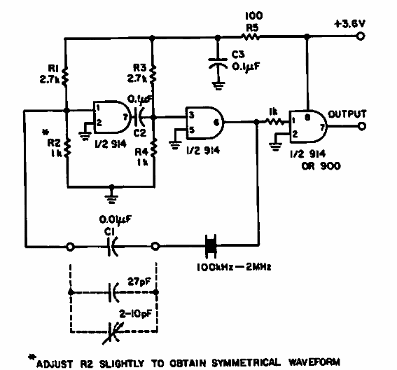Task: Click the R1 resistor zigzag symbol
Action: [x=64, y=74]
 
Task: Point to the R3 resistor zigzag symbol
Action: [x=153, y=74]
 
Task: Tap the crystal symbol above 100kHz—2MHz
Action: [x=209, y=246]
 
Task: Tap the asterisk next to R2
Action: [x=45, y=131]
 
